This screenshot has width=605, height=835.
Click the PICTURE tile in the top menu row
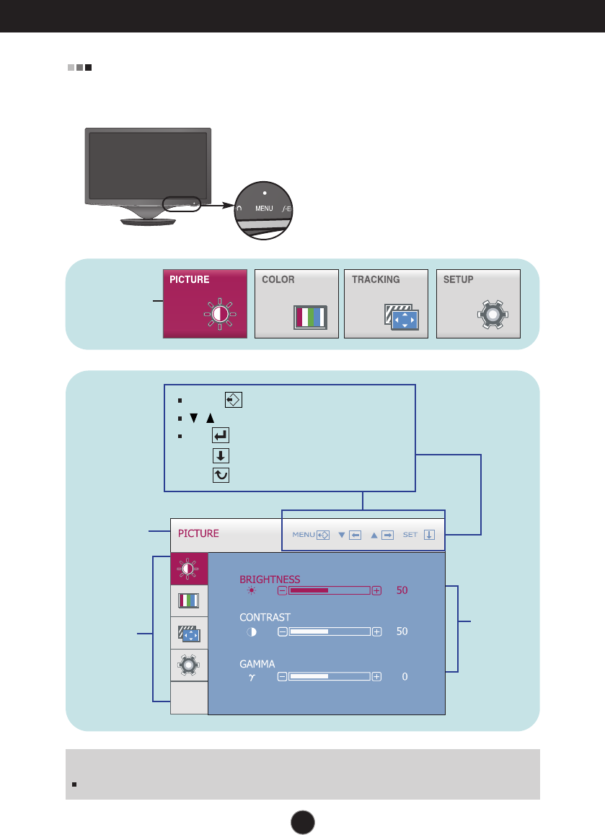205,304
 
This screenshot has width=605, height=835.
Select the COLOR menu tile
296,304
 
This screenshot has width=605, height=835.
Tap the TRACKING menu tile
386,304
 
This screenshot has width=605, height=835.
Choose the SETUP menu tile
477,304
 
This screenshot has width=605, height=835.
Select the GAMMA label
257,663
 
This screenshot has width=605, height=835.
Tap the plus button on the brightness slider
376,591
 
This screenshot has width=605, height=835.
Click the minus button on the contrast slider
283,631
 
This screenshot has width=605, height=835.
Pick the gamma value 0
405,677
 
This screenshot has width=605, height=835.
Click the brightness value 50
402,590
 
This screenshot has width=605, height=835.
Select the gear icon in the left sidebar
189,665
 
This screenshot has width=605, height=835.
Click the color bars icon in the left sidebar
189,600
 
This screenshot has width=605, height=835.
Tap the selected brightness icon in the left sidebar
189,569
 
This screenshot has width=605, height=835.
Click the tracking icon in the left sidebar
189,633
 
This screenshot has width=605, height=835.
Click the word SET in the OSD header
410,535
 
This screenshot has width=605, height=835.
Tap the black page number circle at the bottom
303,821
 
